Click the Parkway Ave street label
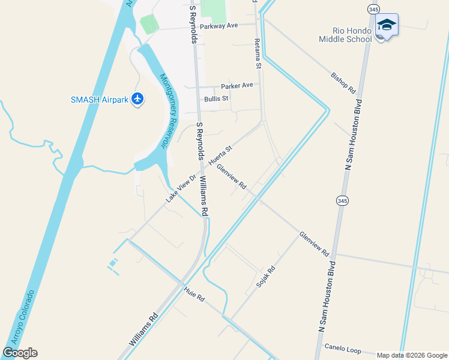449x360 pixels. click(219, 26)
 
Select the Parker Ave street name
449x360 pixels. click(237, 86)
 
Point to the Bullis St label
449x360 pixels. click(216, 98)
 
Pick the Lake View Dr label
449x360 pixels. click(181, 188)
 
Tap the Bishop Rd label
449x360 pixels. click(343, 83)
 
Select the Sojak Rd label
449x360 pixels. click(265, 277)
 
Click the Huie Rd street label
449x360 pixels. click(194, 294)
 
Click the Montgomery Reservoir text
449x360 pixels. click(170, 110)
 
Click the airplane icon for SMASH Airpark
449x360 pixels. click(138, 98)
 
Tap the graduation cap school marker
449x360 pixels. click(387, 25)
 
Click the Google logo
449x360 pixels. click(20, 353)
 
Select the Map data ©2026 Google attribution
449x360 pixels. click(411, 355)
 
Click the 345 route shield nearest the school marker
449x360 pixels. click(374, 10)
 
